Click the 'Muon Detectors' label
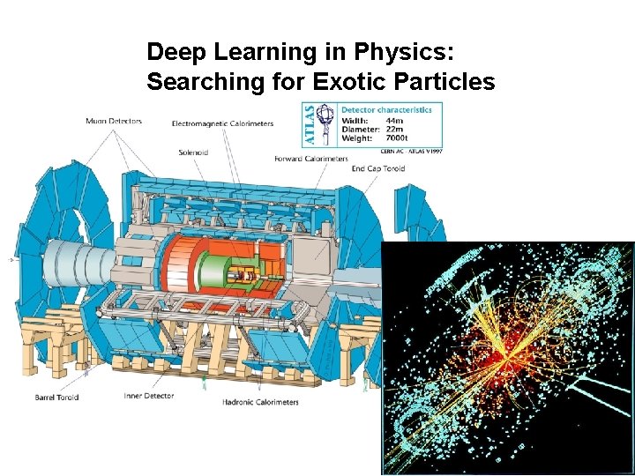[x=114, y=121]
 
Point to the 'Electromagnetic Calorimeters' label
[x=222, y=123]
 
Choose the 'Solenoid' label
[x=193, y=152]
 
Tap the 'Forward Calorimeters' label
[x=310, y=159]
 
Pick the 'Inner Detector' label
[x=149, y=396]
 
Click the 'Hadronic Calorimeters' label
[x=260, y=403]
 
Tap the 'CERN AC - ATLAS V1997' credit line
[x=408, y=152]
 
